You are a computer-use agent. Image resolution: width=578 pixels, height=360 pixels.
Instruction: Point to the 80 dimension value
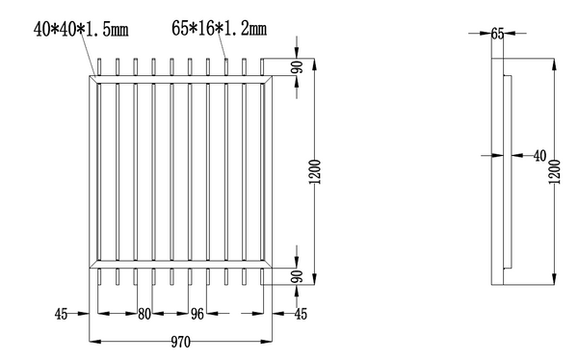click(144, 313)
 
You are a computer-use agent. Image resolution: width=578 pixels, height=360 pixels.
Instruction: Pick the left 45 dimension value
click(62, 313)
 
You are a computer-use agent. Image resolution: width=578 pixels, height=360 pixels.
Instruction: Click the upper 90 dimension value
click(298, 69)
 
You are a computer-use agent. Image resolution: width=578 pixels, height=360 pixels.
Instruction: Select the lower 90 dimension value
click(298, 275)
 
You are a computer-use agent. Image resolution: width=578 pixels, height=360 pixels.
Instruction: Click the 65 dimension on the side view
click(497, 33)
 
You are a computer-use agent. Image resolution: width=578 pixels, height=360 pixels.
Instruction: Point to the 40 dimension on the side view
click(539, 154)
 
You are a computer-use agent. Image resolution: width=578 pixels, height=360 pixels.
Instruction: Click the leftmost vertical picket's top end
click(100, 64)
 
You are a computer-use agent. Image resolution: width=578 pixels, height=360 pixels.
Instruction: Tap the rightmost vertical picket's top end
click(262, 64)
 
